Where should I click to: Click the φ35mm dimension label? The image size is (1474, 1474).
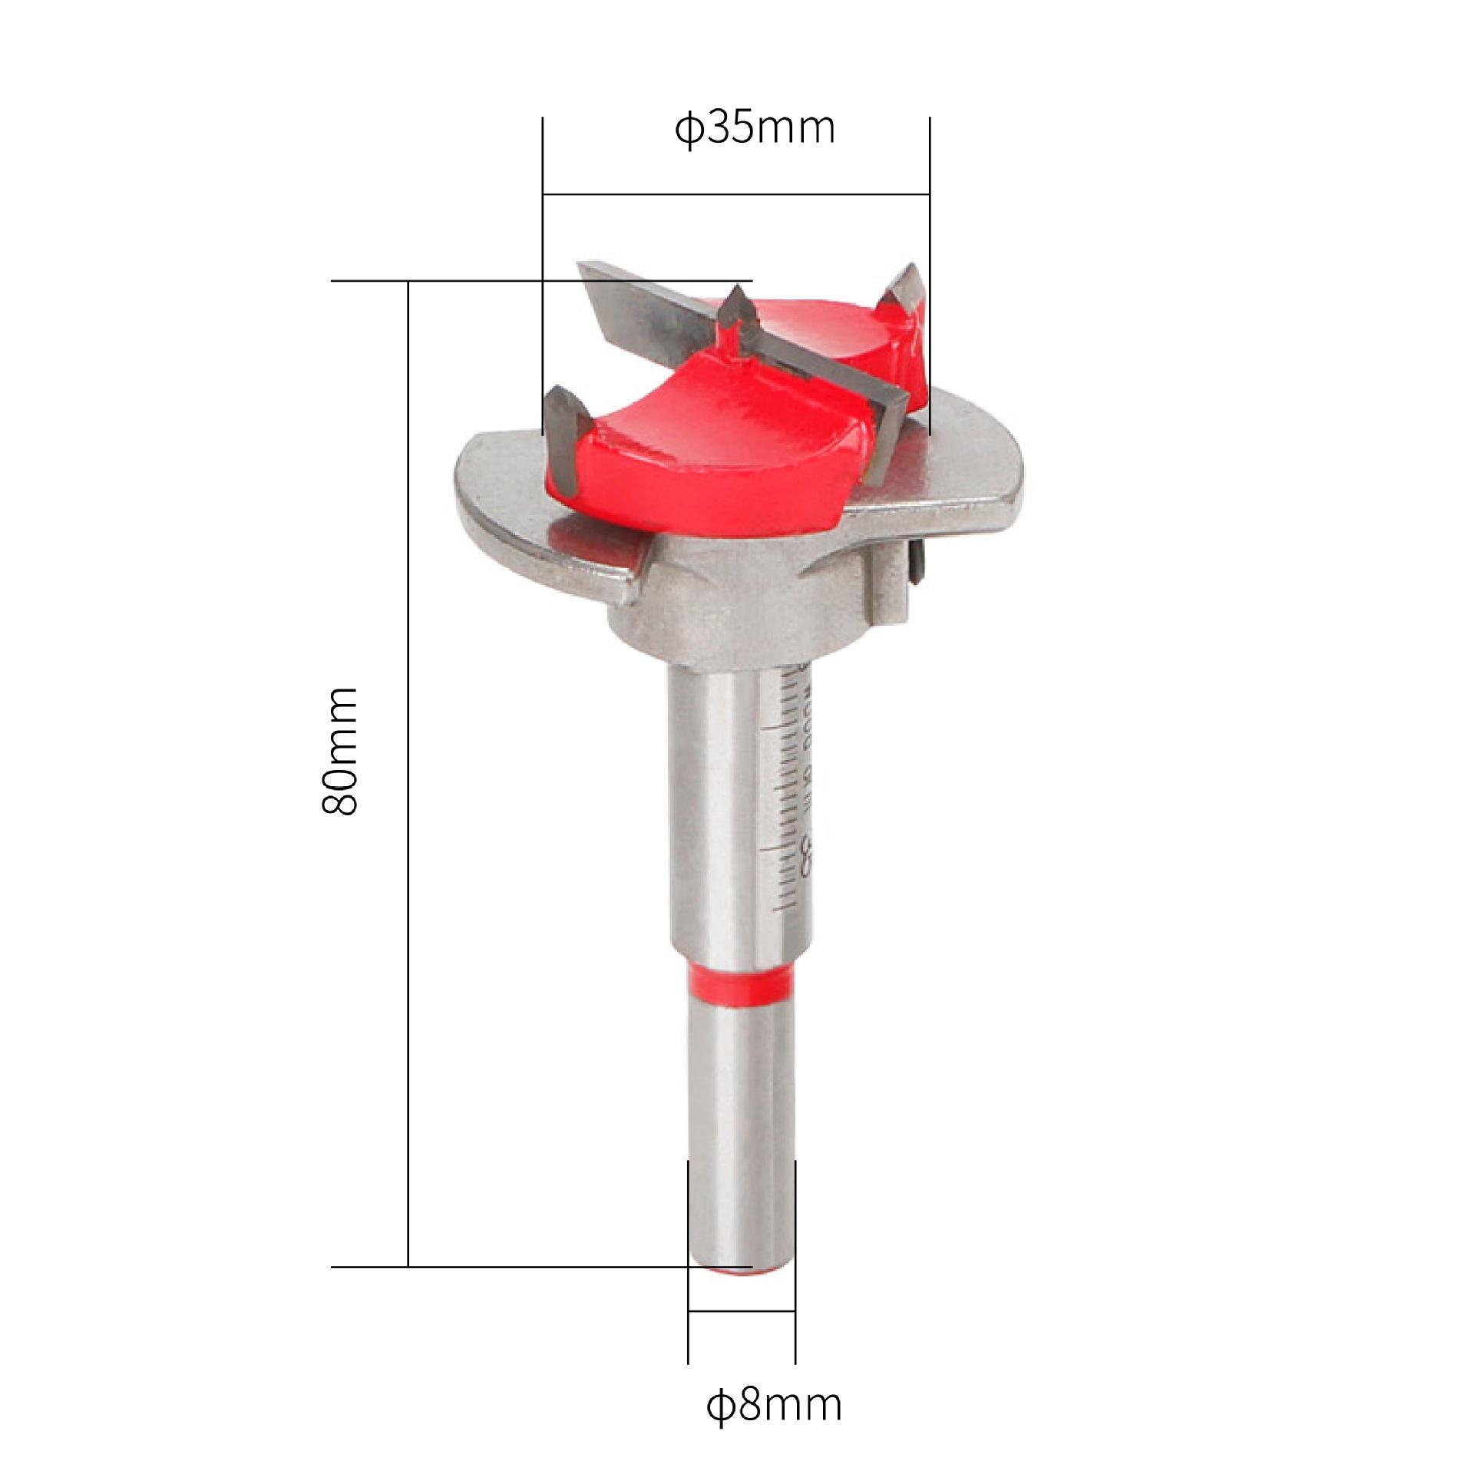755,129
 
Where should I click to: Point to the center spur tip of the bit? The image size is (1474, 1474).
736,294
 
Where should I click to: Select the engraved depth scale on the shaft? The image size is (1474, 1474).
791,791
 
